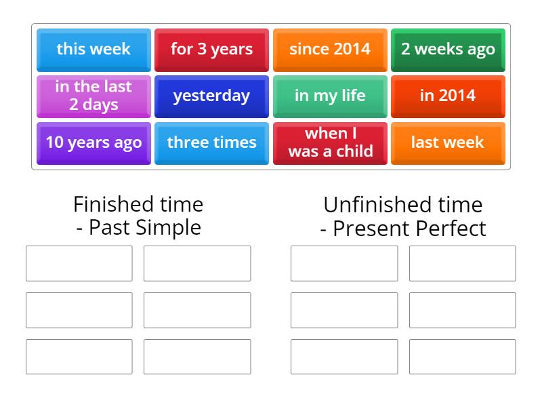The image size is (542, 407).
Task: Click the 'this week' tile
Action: click(93, 49)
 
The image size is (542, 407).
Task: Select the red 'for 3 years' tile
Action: click(211, 49)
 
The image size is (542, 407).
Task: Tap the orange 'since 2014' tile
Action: click(330, 49)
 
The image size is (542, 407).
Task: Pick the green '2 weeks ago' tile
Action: click(448, 49)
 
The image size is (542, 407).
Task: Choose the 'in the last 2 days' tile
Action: click(93, 96)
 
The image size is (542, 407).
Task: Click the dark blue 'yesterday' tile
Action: click(211, 96)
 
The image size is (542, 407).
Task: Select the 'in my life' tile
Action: click(330, 96)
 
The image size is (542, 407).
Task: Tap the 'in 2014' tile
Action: click(448, 96)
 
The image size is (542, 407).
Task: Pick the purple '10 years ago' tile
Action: click(93, 142)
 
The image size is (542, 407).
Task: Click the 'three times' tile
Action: click(211, 142)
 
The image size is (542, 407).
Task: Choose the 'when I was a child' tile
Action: click(330, 142)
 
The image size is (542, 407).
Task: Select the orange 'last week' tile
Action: click(448, 142)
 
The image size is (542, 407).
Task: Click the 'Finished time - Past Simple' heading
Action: click(138, 216)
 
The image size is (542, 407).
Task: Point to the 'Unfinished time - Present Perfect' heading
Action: click(403, 216)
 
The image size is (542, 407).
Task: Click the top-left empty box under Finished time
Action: click(79, 263)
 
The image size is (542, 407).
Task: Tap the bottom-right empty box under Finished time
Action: click(197, 357)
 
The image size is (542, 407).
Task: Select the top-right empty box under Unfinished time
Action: click(462, 263)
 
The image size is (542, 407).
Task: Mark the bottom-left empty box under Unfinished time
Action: click(344, 357)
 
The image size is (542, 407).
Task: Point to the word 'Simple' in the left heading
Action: click(169, 227)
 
